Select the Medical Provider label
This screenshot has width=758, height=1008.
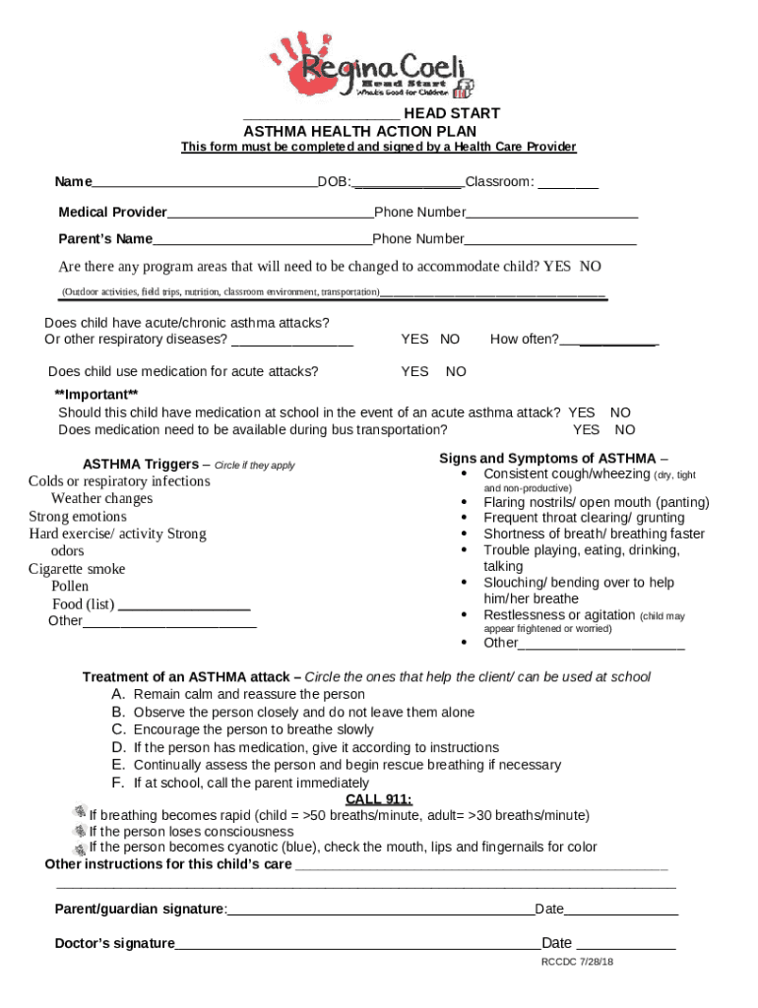click(112, 213)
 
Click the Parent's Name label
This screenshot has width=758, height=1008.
click(105, 239)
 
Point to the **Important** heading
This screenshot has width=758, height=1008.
click(95, 395)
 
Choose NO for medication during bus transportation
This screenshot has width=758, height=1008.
click(625, 430)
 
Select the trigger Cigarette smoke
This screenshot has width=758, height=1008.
click(77, 569)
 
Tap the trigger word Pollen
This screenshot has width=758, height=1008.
click(70, 587)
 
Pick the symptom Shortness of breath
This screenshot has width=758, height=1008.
click(594, 535)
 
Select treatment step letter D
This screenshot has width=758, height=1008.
click(118, 748)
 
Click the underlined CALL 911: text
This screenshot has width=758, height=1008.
click(378, 798)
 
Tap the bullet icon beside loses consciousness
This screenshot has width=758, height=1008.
click(80, 831)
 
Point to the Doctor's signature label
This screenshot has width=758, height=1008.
click(114, 944)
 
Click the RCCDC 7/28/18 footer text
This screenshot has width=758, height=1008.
click(577, 962)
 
